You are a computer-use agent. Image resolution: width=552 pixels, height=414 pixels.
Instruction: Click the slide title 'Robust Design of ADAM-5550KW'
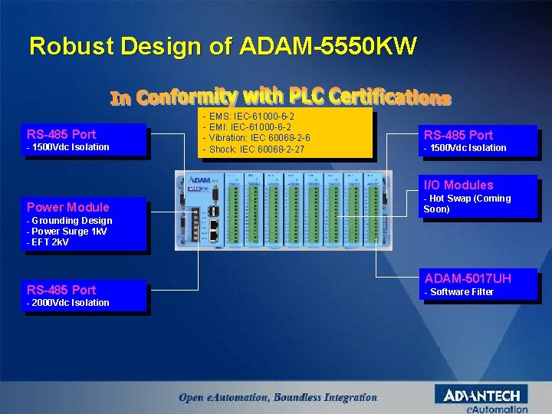(222, 47)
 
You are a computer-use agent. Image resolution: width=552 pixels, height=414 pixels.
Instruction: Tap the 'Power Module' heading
(68, 207)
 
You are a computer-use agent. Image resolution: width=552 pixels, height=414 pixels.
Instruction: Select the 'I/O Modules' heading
(458, 185)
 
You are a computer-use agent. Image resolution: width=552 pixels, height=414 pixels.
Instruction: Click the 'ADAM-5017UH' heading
(468, 278)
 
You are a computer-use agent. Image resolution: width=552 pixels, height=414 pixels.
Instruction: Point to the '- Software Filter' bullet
(458, 292)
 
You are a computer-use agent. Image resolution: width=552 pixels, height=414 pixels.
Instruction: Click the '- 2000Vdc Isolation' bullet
(67, 303)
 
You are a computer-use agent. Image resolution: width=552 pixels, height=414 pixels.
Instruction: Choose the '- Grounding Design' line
(69, 221)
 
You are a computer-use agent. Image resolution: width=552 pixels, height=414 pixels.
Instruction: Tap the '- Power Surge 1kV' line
(67, 232)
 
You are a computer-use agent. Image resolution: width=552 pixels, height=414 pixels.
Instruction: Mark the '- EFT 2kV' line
(48, 242)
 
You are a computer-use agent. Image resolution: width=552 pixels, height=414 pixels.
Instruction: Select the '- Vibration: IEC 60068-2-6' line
(256, 137)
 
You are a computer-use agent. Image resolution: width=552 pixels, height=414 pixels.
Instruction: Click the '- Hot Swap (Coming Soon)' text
(466, 204)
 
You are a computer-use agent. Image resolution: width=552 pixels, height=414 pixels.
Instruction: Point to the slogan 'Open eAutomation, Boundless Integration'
(278, 397)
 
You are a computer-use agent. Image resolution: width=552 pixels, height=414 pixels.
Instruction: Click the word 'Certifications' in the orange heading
(389, 97)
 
